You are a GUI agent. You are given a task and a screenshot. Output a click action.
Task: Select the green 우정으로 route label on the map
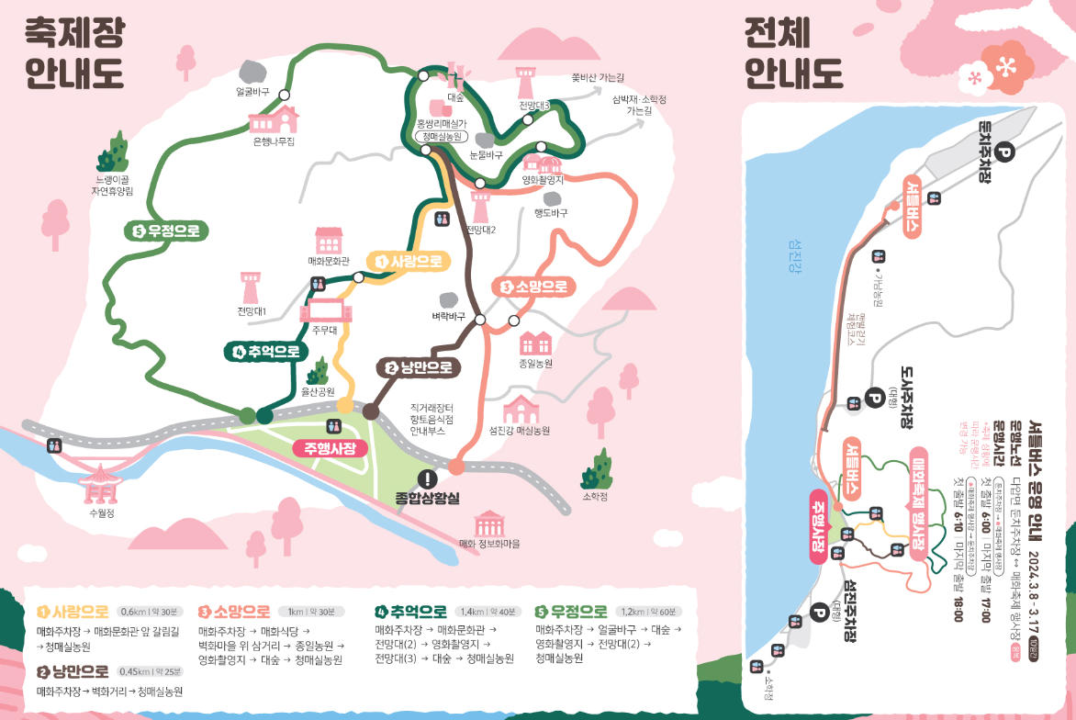point(167,231)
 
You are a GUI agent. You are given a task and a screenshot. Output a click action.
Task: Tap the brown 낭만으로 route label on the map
point(420,368)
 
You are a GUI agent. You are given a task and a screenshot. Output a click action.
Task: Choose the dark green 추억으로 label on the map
point(265,351)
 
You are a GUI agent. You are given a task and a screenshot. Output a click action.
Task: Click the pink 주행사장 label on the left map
point(331,448)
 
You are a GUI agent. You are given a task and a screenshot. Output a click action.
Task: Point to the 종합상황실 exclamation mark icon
point(428,478)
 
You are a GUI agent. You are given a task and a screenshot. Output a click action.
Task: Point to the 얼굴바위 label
point(252,92)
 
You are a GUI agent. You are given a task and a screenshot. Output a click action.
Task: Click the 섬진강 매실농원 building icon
point(520,409)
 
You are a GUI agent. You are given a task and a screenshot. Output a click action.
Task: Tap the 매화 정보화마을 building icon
point(488,524)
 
